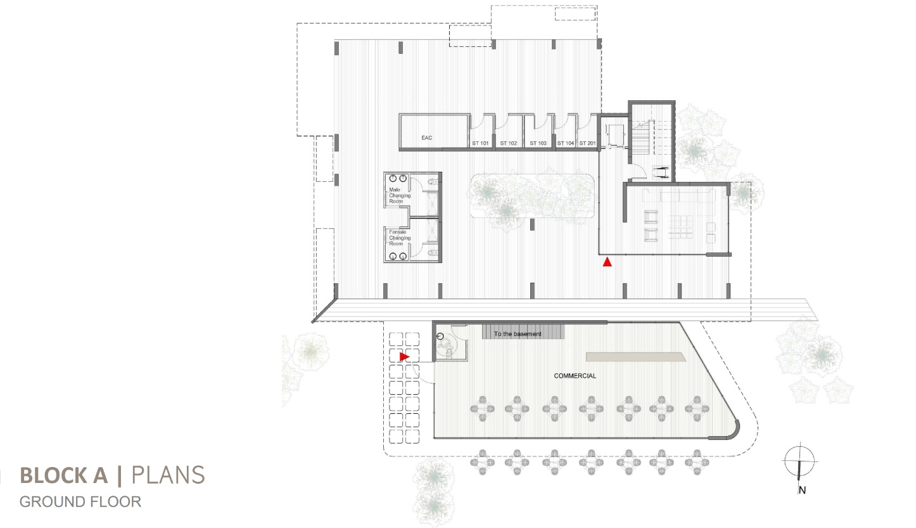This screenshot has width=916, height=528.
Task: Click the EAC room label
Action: tap(426, 138)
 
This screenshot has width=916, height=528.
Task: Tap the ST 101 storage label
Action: tap(480, 143)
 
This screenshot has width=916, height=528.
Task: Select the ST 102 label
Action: tap(508, 143)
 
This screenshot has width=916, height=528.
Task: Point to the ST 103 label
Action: tap(538, 143)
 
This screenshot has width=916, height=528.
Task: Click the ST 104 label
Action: tap(566, 143)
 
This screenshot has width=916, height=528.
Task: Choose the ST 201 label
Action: tap(588, 143)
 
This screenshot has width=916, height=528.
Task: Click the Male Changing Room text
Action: tap(400, 196)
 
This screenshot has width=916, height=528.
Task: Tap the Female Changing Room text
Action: tap(400, 238)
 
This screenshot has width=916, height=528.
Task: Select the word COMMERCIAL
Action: tap(575, 376)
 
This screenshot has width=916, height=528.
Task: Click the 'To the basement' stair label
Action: tap(518, 334)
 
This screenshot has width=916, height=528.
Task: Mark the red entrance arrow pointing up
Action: tap(607, 262)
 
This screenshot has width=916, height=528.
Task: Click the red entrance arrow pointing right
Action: tap(404, 357)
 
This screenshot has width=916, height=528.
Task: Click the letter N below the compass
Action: tap(803, 491)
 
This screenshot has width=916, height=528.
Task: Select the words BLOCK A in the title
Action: tap(64, 475)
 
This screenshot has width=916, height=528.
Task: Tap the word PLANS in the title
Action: tap(168, 475)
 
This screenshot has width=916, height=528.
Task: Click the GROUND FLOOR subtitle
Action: tap(80, 502)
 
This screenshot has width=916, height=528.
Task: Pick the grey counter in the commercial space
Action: tap(636, 357)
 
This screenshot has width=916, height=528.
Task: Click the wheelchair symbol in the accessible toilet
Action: tap(446, 347)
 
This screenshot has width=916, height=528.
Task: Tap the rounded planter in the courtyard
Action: tap(532, 196)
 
